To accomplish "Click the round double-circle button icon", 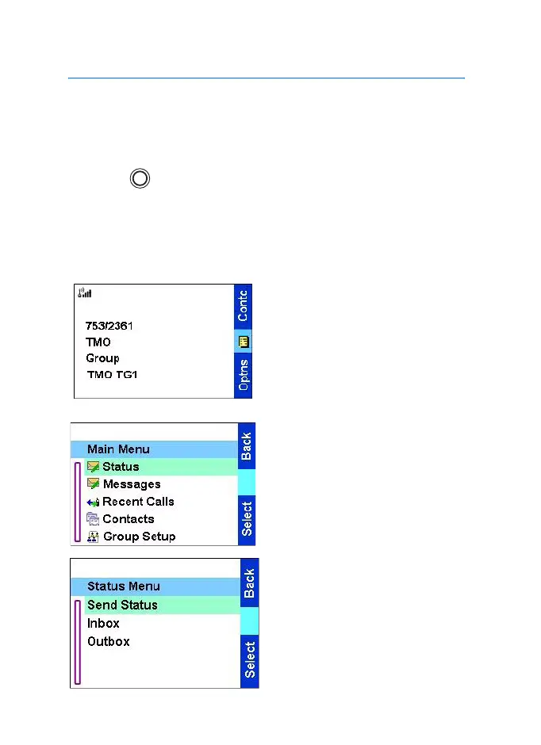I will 140,178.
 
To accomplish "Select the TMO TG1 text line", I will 111,374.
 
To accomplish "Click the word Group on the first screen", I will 102,358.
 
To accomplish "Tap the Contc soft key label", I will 243,305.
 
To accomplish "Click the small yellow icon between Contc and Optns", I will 243,342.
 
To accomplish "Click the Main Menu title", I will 118,449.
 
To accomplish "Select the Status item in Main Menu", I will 121,467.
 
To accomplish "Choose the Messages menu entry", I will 131,484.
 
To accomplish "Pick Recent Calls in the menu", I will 138,502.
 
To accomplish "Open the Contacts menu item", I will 128,519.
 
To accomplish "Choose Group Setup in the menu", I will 139,537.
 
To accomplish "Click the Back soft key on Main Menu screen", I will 247,446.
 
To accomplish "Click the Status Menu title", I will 123,586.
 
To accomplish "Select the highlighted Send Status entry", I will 122,605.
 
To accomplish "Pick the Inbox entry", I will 103,623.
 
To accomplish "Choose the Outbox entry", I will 109,641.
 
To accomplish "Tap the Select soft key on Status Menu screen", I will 250,659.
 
